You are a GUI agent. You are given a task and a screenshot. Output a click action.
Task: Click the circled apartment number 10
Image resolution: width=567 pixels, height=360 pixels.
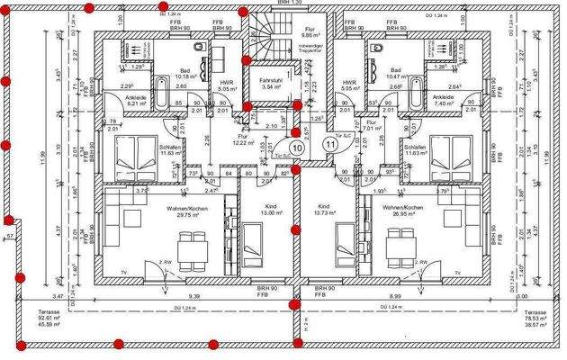pyautogui.click(x=296, y=148)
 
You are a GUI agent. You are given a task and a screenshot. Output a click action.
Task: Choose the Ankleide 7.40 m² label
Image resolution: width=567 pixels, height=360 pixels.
pyautogui.click(x=443, y=101)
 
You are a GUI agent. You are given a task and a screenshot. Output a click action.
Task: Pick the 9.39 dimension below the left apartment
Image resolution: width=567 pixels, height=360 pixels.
pyautogui.click(x=193, y=296)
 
